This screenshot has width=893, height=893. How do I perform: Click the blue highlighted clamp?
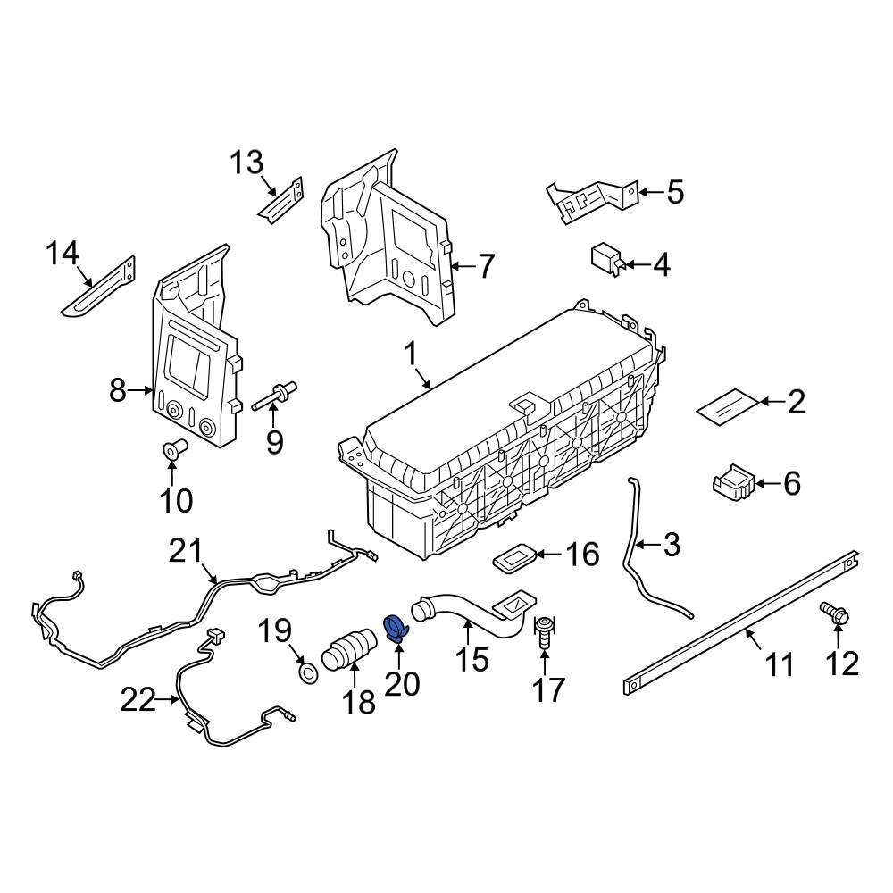pos(394,629)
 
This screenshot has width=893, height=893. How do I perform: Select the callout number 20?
pos(402,684)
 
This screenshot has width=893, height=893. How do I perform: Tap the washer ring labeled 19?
pos(306,672)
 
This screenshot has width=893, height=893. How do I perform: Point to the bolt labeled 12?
pos(835,613)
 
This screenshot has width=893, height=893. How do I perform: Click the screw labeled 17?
pos(545,631)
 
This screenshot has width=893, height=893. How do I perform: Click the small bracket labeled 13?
pos(282,202)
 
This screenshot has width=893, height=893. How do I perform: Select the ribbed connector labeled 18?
pos(348,652)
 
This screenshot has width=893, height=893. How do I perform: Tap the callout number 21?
pos(188,553)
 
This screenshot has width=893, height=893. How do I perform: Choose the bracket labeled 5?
pos(594,198)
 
